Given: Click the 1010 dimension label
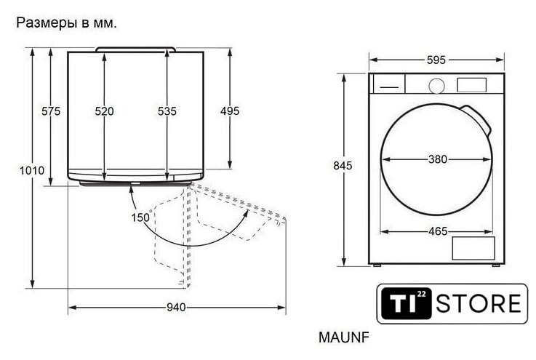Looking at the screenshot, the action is coord(32,170).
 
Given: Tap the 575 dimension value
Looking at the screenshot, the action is coord(51,111).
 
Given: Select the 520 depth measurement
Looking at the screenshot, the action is coord(104,111).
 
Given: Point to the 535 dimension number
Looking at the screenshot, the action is coord(167,111).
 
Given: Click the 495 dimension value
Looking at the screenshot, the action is coord(230,111).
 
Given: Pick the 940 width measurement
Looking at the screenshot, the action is coord(177,308).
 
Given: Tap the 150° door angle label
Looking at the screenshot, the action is coord(142,217).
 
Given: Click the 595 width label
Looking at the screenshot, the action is coord(436,60).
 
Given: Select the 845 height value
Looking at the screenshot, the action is coord(343,166).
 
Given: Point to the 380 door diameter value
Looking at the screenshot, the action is coord(438,159).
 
